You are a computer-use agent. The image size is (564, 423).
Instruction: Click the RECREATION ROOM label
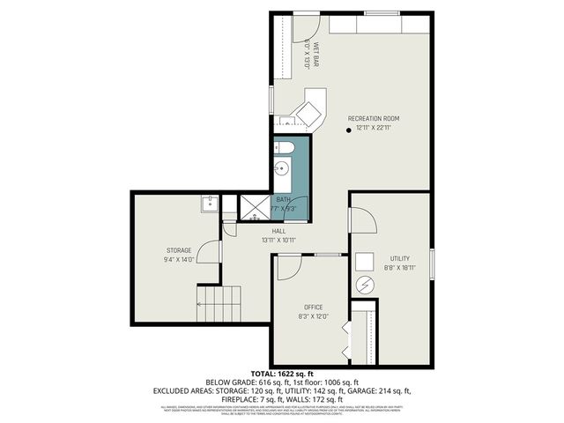(x=374, y=118)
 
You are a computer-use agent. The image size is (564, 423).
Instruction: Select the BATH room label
(x=282, y=200)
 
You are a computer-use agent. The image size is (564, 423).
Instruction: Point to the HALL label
(x=278, y=231)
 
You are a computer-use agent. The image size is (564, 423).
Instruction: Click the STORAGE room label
(x=179, y=250)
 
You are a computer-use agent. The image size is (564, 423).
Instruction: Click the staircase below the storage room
(x=219, y=305)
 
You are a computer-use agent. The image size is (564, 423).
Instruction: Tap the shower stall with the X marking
(x=256, y=207)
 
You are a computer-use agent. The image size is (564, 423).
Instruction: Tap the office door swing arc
(x=290, y=265)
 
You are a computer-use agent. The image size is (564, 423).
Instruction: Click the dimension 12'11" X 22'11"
(x=374, y=128)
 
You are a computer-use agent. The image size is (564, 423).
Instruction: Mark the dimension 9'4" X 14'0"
(x=179, y=260)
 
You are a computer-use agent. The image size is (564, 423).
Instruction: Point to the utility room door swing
(x=360, y=220)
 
